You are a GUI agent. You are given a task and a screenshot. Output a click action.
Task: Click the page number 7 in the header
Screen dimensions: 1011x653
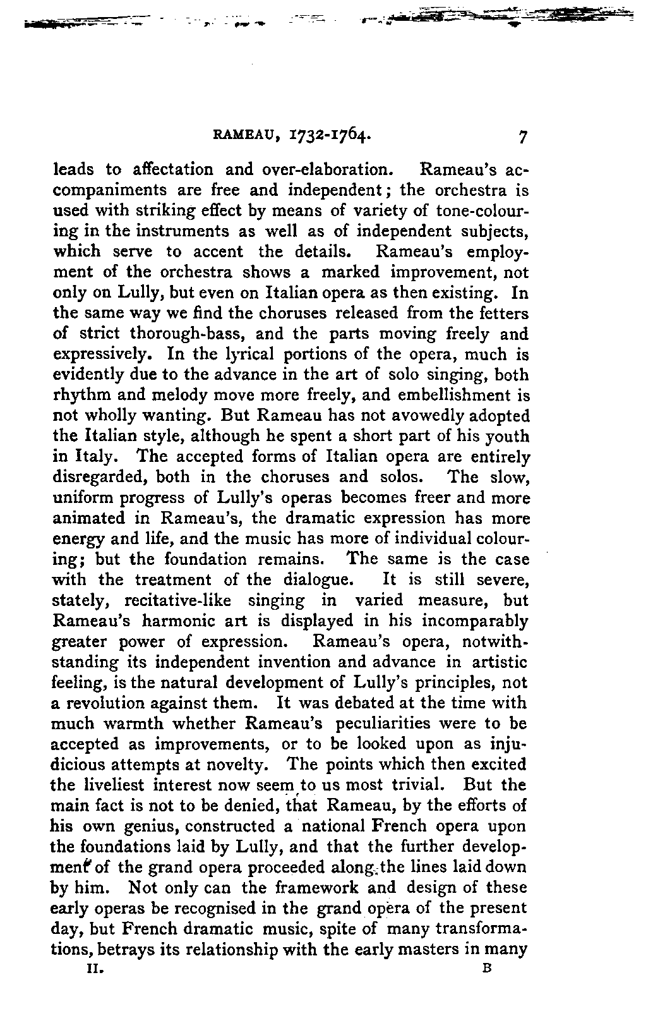tap(522, 136)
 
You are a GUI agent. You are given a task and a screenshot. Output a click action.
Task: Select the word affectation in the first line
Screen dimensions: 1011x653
tap(174, 169)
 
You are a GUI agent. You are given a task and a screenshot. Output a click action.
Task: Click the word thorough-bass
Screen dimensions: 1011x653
tap(177, 334)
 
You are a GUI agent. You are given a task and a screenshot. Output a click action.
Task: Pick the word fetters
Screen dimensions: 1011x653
tap(503, 313)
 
